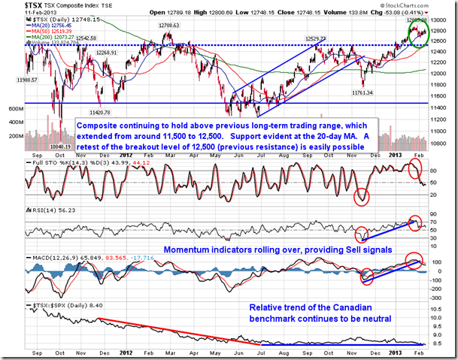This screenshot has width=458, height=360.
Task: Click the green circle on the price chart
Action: (418, 32)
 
